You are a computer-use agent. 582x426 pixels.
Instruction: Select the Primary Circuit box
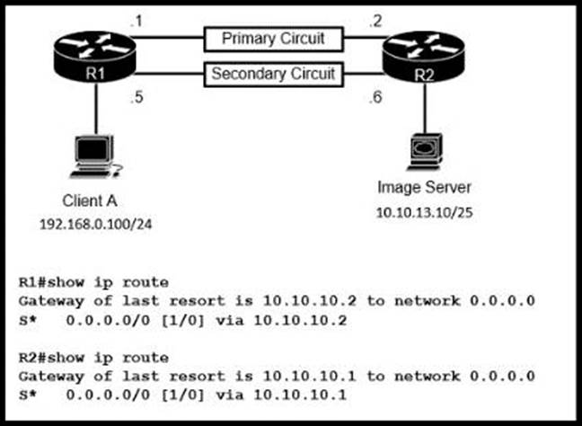click(x=273, y=40)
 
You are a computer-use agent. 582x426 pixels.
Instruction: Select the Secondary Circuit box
click(x=273, y=73)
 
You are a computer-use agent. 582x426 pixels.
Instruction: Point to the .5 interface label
click(x=137, y=99)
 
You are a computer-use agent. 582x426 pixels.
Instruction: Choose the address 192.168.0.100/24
click(x=93, y=222)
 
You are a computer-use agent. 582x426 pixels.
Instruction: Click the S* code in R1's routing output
click(x=29, y=318)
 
